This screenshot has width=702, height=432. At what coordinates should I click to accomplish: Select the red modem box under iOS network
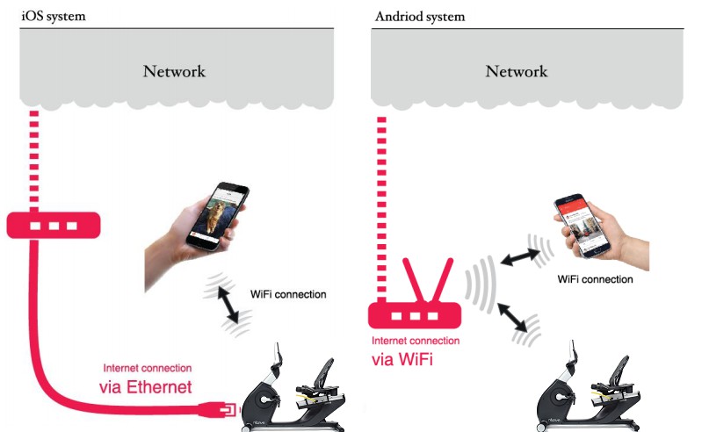54,227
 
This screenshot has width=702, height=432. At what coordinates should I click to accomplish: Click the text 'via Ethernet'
145,387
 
